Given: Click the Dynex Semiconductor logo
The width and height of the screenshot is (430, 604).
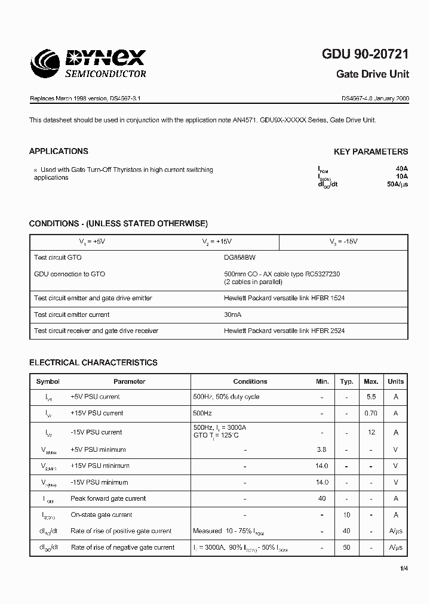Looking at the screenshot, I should [x=88, y=63].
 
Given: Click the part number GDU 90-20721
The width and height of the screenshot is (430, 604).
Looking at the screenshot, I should [x=365, y=54].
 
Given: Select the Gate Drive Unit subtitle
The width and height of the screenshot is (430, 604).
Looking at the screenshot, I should [x=373, y=75].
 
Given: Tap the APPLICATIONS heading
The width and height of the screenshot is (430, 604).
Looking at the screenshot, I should [x=59, y=152].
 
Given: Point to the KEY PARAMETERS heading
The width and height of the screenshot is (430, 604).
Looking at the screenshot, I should [x=371, y=152].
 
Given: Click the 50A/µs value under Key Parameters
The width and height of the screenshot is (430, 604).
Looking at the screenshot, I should [x=398, y=184].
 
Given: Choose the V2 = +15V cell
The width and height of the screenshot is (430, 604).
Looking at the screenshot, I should [x=217, y=242].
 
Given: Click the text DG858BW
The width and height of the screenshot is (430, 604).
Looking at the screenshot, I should [x=240, y=257].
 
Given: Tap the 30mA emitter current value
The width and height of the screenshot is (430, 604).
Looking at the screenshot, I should [x=233, y=315].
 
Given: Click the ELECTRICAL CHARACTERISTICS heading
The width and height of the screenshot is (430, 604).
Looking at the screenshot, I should [x=93, y=362].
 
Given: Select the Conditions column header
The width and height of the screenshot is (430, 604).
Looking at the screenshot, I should [x=250, y=381].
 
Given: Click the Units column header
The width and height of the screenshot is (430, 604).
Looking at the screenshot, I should [x=395, y=381].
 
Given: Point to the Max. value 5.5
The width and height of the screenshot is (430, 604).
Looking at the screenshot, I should [x=371, y=397].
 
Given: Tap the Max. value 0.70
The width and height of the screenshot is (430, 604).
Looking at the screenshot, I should [x=371, y=413].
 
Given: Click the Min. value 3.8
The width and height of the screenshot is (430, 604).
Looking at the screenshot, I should [x=322, y=449].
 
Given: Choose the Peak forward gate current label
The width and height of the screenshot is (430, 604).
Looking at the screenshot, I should [x=108, y=498].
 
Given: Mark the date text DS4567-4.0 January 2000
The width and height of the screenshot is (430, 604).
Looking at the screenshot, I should [x=375, y=97].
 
